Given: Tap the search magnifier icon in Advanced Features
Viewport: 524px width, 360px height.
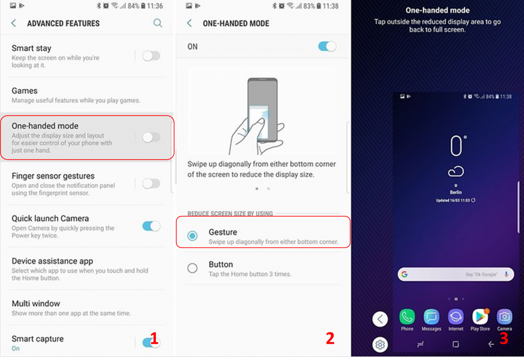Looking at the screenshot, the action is pos(158,23).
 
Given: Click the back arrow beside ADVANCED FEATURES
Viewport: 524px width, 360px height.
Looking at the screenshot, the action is pos(14,23).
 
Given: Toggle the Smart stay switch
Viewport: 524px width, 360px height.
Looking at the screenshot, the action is pos(151,55).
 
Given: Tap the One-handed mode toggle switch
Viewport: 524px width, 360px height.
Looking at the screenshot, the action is pos(151,137).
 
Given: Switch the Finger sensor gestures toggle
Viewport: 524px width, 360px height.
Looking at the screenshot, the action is pos(151,183).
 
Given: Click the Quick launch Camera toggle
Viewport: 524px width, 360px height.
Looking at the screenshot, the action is pos(151,226).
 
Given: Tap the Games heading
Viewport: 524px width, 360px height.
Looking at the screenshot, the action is pos(25,91).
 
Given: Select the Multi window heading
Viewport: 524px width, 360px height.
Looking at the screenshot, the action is pos(36,304).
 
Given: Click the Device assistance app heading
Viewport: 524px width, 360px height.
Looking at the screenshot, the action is pos(53,261).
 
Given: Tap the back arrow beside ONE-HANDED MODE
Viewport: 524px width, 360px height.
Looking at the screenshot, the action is pos(189,23).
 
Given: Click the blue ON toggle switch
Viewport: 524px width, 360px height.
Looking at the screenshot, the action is pos(327,46).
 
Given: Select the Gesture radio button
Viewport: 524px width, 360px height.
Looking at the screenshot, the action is pos(192,236).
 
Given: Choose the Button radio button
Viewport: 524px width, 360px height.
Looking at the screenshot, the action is pos(192,268).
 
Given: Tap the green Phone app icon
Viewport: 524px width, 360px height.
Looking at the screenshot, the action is pos(407,316).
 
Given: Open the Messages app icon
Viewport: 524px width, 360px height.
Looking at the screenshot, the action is pos(431,316).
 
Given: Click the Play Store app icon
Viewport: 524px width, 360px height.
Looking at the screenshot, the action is pos(480,316).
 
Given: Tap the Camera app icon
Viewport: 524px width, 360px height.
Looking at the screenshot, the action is pos(504,316).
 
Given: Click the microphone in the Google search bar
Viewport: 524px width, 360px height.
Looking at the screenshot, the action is pos(506,274).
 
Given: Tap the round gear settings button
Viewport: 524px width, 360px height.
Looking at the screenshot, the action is pos(380,344).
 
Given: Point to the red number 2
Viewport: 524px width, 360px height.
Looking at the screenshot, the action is pos(330,338).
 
